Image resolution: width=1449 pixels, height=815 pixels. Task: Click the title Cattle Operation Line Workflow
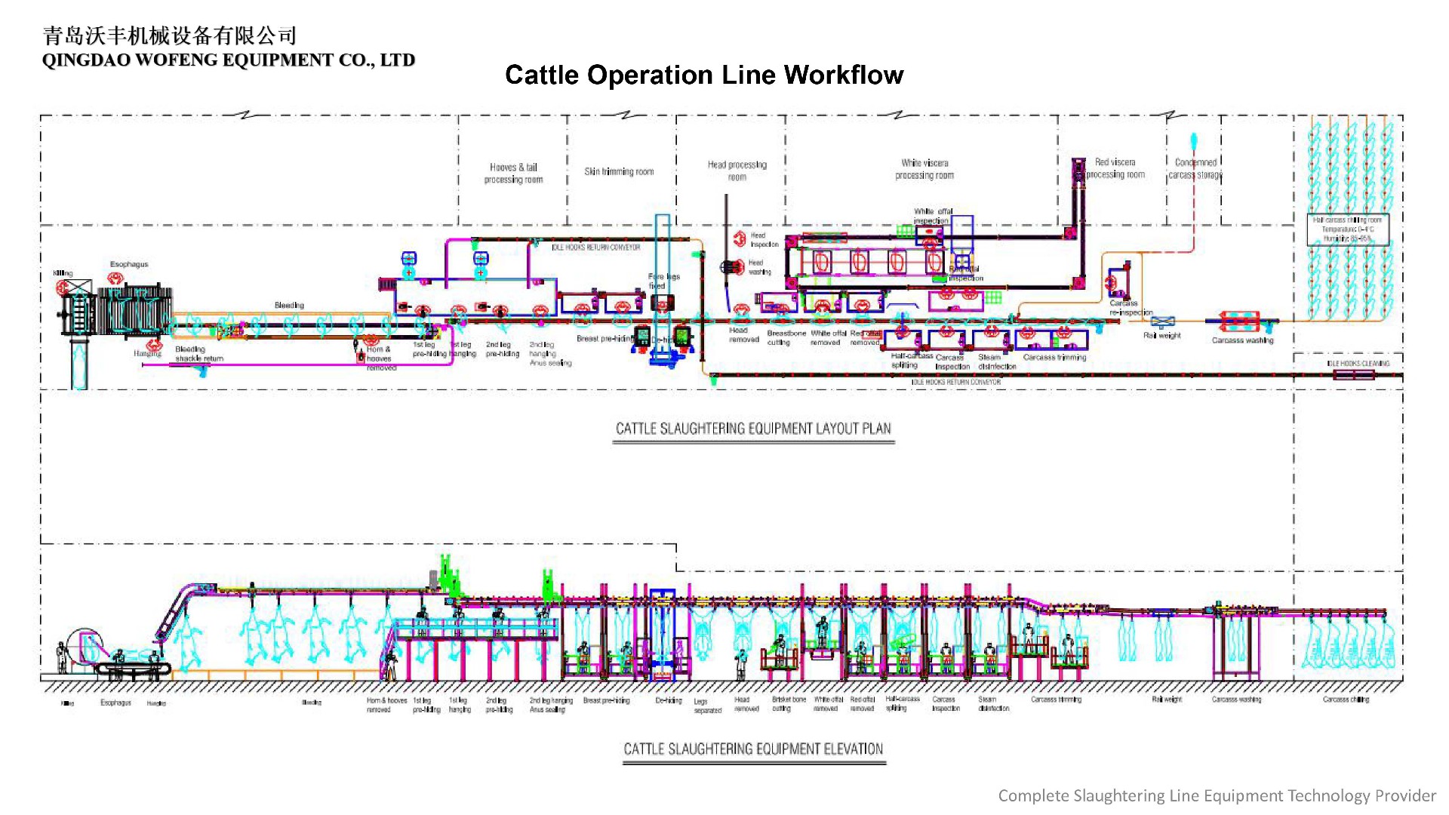click(703, 75)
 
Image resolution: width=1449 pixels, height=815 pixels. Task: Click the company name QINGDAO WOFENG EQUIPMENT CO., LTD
click(228, 60)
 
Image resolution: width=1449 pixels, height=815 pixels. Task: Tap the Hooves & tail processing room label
click(513, 173)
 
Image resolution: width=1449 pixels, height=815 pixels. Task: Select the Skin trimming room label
click(619, 171)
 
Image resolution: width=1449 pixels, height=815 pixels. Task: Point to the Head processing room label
click(737, 171)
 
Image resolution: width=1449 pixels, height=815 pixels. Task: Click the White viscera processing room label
click(924, 169)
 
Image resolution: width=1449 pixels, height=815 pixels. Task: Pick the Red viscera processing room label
click(1115, 168)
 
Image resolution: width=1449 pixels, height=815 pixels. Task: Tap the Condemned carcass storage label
click(1195, 168)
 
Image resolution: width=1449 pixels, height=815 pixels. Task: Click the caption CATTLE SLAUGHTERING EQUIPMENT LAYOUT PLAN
click(753, 429)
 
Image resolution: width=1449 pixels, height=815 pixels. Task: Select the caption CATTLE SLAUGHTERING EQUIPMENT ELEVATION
click(753, 749)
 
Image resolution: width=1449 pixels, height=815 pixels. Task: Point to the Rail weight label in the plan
click(1161, 335)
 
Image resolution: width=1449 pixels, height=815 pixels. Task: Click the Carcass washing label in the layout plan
click(1242, 340)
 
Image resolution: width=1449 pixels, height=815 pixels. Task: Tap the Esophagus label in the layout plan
click(129, 264)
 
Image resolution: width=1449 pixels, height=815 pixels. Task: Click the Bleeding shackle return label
click(199, 354)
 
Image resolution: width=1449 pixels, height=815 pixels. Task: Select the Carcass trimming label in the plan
click(1054, 357)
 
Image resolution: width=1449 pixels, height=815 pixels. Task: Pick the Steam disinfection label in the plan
click(996, 361)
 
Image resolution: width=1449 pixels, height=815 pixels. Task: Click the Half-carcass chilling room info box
click(1347, 229)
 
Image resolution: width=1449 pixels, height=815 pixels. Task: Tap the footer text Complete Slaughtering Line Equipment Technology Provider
click(1217, 795)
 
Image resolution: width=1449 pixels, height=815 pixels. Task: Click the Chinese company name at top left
click(170, 35)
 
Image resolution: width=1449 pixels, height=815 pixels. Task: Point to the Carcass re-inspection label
click(1130, 307)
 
